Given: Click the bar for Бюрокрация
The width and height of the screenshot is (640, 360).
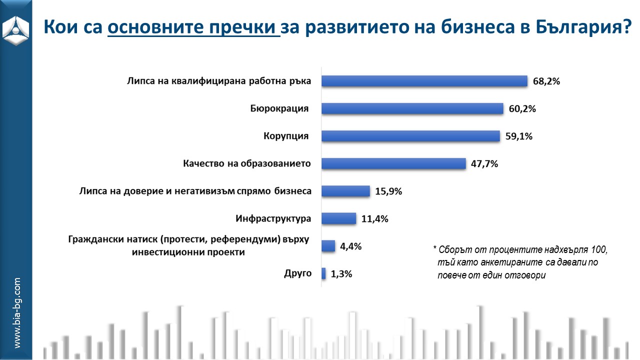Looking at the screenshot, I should coord(411,108).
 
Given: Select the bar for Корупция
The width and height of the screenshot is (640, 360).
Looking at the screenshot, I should coord(410,136).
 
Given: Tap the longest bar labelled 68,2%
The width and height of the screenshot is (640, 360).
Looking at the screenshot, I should coord(424,81).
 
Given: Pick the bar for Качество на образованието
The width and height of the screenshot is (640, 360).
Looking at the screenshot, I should coord(393,163).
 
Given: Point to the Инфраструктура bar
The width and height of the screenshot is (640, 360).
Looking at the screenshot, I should coord(338,218).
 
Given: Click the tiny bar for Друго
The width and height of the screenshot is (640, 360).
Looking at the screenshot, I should coord(323,273).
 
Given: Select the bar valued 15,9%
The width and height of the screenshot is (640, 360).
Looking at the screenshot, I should coord(345,191).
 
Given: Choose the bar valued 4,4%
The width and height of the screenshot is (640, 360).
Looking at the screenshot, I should coord(328,246).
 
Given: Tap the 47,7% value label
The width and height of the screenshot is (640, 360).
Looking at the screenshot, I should coord(484,164).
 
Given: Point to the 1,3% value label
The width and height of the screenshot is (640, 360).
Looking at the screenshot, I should coord(341,274).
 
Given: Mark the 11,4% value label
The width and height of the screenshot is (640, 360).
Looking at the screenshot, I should coord(374,219).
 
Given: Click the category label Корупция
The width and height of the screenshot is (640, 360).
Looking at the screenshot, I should coord(286,136).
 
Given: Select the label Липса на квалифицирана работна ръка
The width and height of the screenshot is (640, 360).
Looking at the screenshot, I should coord(219,81).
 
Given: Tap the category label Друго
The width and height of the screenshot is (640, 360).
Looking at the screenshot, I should coord(297,273).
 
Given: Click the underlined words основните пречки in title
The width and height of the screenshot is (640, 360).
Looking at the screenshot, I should coord(193,26).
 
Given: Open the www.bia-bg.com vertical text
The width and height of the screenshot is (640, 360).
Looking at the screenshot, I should coord(17,313).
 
